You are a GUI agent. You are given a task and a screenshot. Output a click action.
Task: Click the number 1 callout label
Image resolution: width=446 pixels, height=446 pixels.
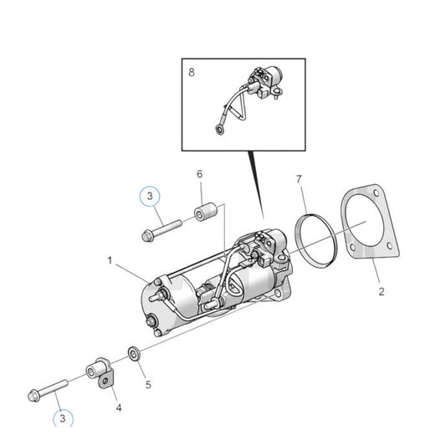tap(110, 260)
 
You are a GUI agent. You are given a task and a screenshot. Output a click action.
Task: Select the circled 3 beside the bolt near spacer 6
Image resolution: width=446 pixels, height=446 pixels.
tap(148, 197)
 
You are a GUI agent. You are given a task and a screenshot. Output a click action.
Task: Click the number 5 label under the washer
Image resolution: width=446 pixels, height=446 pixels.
tap(148, 362)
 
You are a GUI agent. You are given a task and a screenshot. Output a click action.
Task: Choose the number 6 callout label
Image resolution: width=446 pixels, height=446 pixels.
tap(199, 174)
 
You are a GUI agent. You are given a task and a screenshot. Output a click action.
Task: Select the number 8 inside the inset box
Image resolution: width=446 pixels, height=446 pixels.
tap(191, 74)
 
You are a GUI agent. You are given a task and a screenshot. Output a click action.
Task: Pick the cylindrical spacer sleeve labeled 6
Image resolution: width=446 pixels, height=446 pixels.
tap(205, 213)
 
